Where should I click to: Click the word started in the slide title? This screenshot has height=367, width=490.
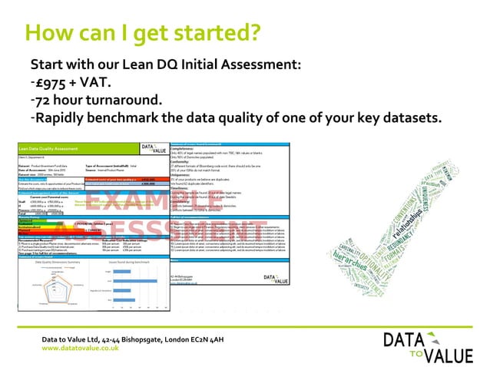(x=218, y=33)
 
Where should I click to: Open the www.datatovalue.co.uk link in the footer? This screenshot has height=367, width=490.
(x=80, y=348)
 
